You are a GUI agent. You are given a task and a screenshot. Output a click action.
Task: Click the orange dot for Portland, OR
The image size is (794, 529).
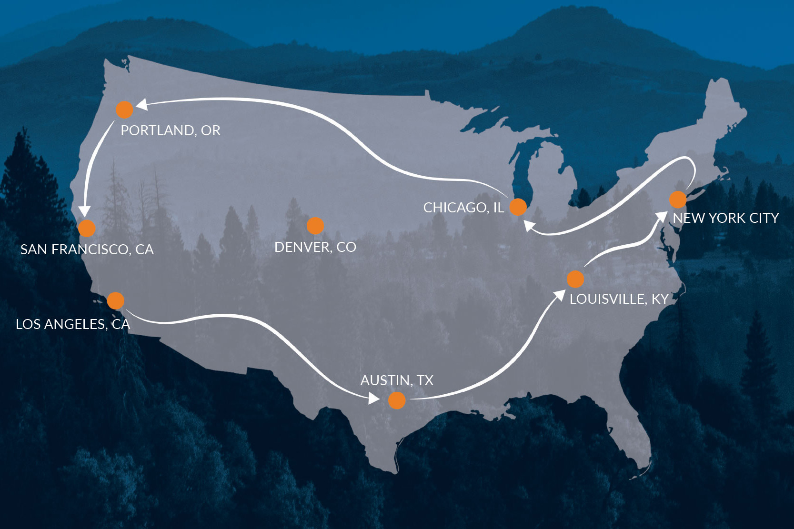(x=124, y=110)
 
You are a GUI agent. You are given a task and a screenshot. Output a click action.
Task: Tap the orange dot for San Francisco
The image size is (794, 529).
(x=87, y=228)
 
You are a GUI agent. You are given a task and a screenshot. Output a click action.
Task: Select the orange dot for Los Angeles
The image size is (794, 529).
(x=116, y=300)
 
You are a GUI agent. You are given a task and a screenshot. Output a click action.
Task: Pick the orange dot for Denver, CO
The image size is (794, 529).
(x=315, y=226)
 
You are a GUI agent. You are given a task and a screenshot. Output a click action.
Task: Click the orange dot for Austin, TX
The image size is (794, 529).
(x=397, y=400)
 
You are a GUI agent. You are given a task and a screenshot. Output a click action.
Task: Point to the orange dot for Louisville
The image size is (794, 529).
(x=575, y=279)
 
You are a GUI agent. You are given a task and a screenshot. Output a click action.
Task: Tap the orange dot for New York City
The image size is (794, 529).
(x=677, y=200)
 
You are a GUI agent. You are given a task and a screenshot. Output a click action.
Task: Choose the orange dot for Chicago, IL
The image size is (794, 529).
(x=518, y=207)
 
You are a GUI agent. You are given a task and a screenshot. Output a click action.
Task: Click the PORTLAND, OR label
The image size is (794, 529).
(x=171, y=130)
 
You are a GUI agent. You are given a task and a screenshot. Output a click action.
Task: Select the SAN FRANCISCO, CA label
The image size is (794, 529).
(x=87, y=250)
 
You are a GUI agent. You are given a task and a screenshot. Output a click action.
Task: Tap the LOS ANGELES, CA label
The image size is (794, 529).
(x=72, y=324)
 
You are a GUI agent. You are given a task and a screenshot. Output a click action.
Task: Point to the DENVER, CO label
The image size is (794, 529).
(x=315, y=247)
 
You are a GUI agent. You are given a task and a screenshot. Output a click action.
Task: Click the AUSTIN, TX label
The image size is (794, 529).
(x=397, y=380)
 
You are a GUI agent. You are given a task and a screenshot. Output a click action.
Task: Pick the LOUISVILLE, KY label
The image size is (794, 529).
(x=619, y=299)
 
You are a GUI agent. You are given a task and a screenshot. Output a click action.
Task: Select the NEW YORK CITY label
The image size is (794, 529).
(x=725, y=218)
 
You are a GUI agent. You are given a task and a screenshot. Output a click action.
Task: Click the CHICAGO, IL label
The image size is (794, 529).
(x=463, y=208)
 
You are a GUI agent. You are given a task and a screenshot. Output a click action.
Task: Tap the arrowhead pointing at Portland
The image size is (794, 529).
(x=142, y=104)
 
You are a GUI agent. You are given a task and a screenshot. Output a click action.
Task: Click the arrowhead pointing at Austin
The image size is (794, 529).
(x=374, y=398)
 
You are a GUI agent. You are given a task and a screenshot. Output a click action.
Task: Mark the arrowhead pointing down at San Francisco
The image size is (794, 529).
(x=84, y=210)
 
